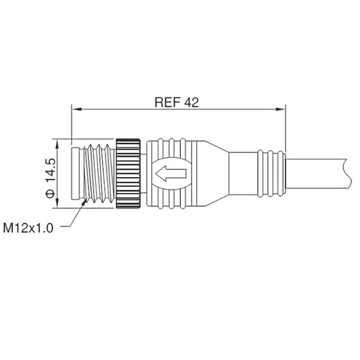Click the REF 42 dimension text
pos(176,102)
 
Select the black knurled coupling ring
pos(129,173)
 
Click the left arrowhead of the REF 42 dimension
pos(75,109)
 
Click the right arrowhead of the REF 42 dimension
pos(282,109)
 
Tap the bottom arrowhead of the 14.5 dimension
pos(57,205)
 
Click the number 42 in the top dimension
pos(191,102)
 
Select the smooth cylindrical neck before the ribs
pos(243,173)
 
